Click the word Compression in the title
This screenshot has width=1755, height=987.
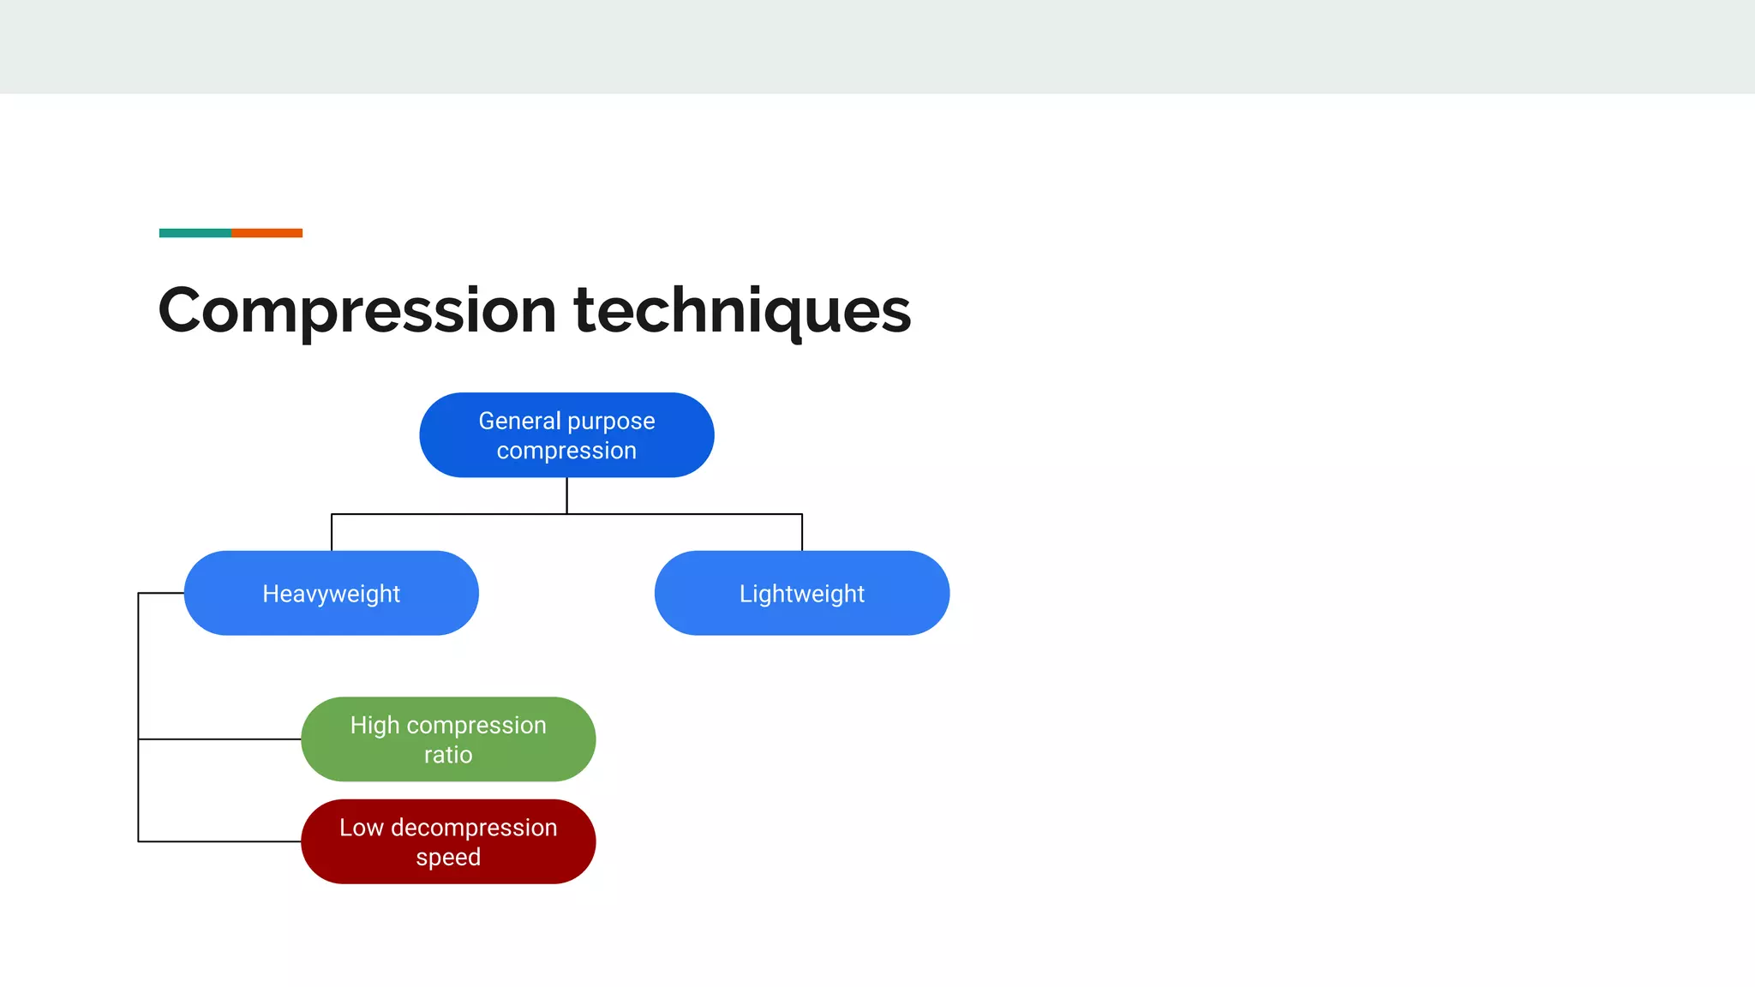(x=357, y=310)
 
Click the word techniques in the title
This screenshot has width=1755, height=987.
(x=742, y=310)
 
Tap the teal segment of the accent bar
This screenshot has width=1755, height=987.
(x=195, y=233)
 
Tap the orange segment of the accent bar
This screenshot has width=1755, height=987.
(x=267, y=233)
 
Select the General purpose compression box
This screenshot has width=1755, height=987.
(x=566, y=435)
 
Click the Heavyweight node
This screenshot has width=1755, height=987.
(x=332, y=593)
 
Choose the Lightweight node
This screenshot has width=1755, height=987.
(x=802, y=593)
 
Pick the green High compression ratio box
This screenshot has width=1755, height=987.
(x=448, y=739)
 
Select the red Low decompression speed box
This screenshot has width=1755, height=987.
(x=448, y=842)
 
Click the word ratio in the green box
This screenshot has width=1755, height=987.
(x=448, y=755)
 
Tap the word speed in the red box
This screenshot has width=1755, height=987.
(x=448, y=858)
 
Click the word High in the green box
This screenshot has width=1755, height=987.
(x=375, y=726)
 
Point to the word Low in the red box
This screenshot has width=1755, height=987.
(x=361, y=828)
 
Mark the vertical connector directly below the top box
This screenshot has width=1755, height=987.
(x=566, y=495)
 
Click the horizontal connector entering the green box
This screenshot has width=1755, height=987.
(x=219, y=739)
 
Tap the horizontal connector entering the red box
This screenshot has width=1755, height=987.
(x=219, y=841)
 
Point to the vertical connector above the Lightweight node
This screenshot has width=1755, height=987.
(x=802, y=532)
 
